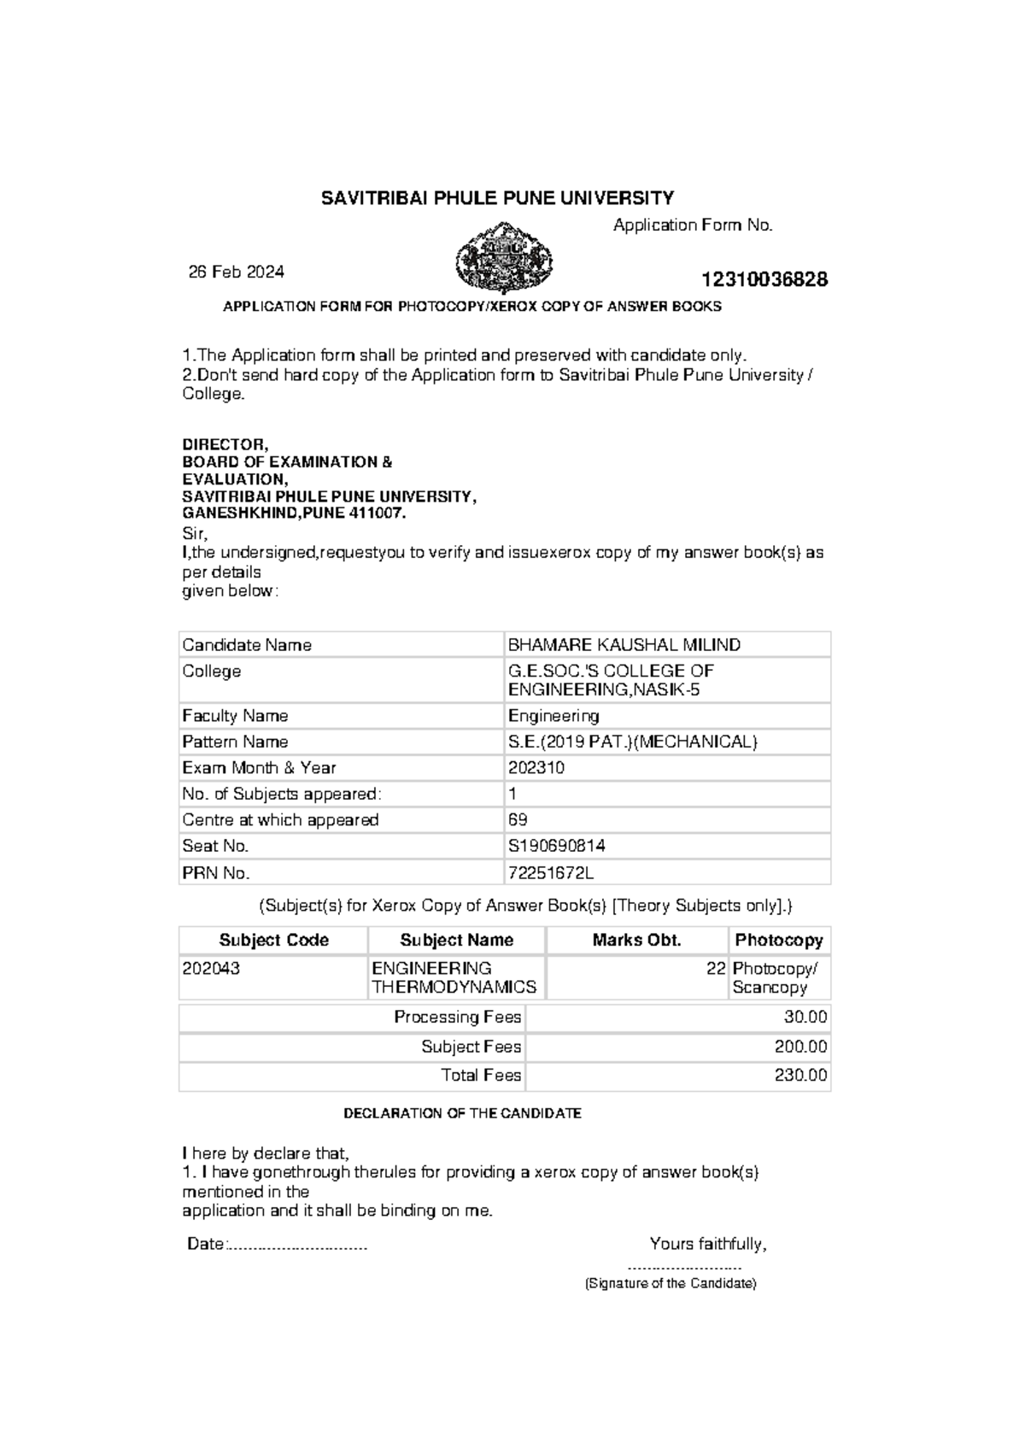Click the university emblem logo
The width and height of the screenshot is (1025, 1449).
(504, 256)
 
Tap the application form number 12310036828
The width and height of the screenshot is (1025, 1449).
(764, 280)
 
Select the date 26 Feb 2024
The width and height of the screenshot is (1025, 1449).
(237, 272)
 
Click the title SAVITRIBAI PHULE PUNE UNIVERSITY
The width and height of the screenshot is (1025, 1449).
(497, 198)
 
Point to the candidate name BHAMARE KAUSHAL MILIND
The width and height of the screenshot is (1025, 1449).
(624, 645)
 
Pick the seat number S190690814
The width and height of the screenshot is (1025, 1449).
(557, 846)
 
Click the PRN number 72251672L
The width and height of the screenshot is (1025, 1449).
(551, 873)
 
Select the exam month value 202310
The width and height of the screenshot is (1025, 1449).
(536, 767)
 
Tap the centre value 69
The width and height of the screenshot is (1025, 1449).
(518, 819)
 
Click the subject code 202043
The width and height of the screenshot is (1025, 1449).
(211, 969)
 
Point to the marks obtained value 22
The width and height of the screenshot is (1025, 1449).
(716, 969)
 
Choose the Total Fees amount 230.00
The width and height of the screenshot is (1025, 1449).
(801, 1076)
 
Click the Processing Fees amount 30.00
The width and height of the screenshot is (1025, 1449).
(805, 1018)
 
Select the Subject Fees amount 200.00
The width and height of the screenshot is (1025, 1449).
(801, 1047)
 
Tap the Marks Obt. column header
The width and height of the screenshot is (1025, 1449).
(637, 941)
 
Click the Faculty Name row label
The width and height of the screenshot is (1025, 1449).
(235, 716)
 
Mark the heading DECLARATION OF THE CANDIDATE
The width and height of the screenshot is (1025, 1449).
(462, 1114)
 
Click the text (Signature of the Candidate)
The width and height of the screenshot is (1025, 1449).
(671, 1284)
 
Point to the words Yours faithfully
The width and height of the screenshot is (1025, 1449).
(708, 1244)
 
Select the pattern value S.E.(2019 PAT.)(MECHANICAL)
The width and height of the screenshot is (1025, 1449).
(633, 742)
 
